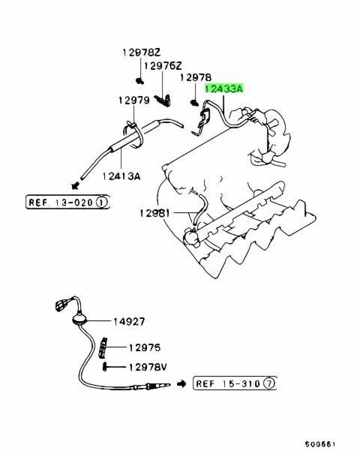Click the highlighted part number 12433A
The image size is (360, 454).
click(x=224, y=89)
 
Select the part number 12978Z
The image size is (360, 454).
click(x=141, y=53)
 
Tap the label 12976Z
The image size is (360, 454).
click(x=163, y=66)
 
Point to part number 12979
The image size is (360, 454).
click(x=134, y=101)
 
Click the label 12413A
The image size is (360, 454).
click(x=121, y=176)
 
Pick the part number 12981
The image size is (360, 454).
click(x=154, y=213)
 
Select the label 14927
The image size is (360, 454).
click(x=129, y=321)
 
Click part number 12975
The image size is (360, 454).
click(x=145, y=347)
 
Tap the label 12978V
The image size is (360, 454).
click(x=148, y=367)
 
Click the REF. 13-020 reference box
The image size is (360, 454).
click(x=67, y=202)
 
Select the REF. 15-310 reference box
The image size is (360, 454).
click(x=235, y=383)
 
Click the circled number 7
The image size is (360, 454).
click(x=268, y=384)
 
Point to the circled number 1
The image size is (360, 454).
click(x=101, y=202)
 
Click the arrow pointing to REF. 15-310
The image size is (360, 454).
click(x=181, y=384)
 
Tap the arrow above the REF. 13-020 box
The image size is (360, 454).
click(x=76, y=185)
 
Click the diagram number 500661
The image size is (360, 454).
click(x=320, y=444)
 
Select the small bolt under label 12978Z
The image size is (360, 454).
click(x=140, y=81)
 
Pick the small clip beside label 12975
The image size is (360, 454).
click(x=103, y=347)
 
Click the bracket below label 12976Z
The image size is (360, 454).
click(x=163, y=101)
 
